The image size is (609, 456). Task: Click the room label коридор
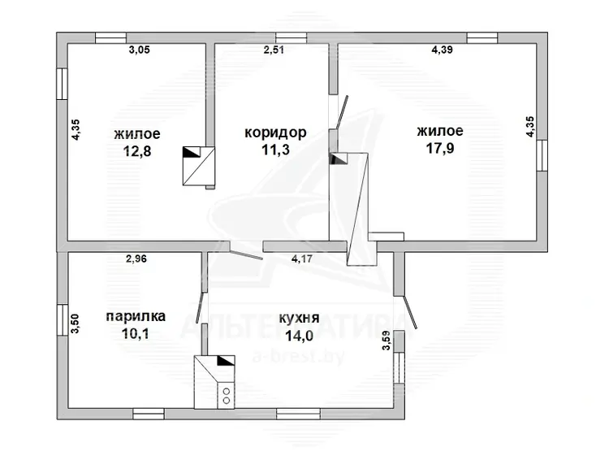coord(275,133)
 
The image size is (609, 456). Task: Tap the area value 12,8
coord(137,151)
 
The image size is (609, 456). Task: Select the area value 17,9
coord(440,148)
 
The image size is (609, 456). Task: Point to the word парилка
coord(136,317)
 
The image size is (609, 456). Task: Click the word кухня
coord(299,319)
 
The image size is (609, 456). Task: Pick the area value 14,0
coord(299,336)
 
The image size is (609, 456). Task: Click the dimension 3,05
coord(139,50)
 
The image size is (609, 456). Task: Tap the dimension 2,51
coord(274,50)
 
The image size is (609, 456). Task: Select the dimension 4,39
coord(442,50)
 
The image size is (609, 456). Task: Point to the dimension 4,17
coord(302,258)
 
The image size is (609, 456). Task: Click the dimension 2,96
coord(136,258)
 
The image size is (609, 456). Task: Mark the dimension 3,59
coord(386,341)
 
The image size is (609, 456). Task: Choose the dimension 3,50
coord(75,324)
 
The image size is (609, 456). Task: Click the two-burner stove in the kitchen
coord(226,395)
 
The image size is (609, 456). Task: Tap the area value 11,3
coord(275,150)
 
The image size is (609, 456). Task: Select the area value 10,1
coord(136,333)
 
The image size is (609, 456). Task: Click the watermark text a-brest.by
coord(298,356)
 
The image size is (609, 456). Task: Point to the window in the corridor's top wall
coord(292,37)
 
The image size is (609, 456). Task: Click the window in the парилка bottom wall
coord(149,414)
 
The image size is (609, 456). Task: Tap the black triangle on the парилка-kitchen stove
coord(227,361)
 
